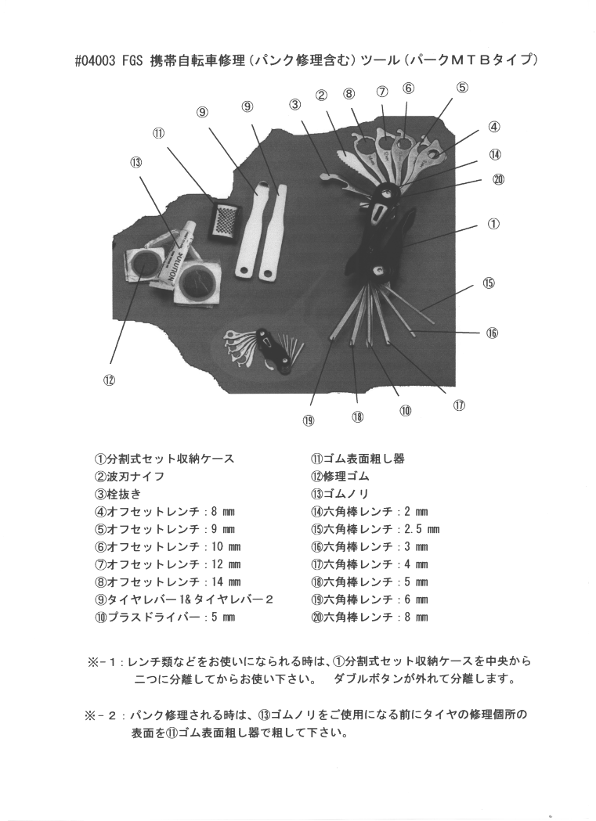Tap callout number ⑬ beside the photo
click(135, 162)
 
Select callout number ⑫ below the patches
click(108, 380)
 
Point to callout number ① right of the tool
click(493, 224)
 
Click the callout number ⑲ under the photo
click(308, 421)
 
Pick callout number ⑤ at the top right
click(461, 88)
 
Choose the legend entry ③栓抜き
click(117, 494)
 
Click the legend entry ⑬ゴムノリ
click(340, 494)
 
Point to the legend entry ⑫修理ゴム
click(340, 477)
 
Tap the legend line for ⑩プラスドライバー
click(164, 617)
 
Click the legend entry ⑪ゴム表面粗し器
click(358, 459)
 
